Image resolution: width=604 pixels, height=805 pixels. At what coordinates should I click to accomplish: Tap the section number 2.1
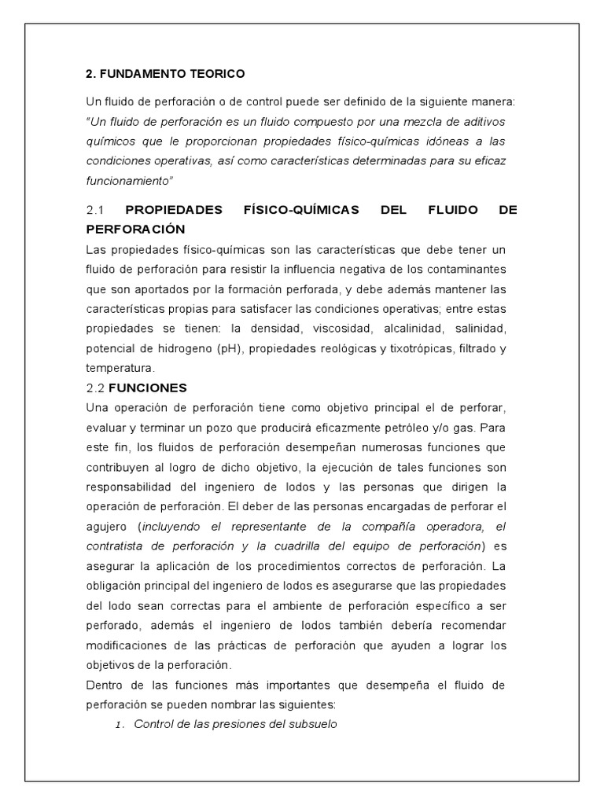pos(95,210)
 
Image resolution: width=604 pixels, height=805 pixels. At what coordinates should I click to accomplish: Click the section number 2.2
pos(95,388)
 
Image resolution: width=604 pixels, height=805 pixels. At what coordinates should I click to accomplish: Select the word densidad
pos(280,327)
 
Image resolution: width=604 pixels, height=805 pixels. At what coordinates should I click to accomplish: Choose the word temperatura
pos(120,367)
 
